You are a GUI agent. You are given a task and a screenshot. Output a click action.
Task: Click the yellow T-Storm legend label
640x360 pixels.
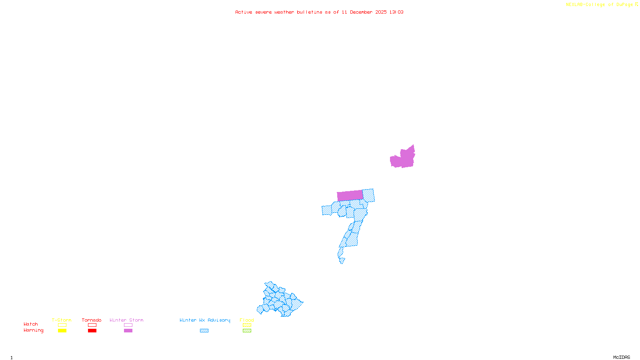tap(62, 320)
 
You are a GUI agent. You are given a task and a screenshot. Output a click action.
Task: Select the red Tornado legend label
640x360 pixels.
tap(92, 320)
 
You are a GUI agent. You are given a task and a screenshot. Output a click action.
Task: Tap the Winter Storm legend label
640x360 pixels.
tap(126, 320)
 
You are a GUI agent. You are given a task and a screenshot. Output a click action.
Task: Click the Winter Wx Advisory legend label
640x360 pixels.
tap(205, 320)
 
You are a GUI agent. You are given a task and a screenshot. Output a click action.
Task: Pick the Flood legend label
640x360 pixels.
tap(247, 320)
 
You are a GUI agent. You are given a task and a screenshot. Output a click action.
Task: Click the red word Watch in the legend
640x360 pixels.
tap(31, 324)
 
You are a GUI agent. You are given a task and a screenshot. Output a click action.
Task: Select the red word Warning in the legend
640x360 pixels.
tap(34, 330)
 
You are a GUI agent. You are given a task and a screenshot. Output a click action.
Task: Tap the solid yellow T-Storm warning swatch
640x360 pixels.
tap(62, 331)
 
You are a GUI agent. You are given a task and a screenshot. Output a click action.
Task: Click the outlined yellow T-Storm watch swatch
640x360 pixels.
tap(62, 325)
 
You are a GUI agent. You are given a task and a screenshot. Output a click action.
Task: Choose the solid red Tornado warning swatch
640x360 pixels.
tap(92, 331)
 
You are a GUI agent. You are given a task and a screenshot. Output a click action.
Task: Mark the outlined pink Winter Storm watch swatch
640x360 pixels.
tap(128, 325)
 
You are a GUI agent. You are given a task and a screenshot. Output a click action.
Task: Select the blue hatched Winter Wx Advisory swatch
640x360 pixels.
tap(204, 331)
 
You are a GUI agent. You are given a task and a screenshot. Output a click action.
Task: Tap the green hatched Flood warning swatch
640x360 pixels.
tap(247, 331)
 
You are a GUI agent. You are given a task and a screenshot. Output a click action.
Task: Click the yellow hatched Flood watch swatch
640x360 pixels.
tap(247, 325)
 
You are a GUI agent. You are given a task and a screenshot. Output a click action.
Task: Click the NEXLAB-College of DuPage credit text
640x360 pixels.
tap(600, 5)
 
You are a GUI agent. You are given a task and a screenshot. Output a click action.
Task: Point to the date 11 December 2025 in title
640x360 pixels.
tap(364, 12)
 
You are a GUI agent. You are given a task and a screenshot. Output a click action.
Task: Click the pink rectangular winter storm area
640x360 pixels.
tap(350, 196)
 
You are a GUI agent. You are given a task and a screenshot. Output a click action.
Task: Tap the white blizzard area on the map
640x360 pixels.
tap(346, 261)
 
